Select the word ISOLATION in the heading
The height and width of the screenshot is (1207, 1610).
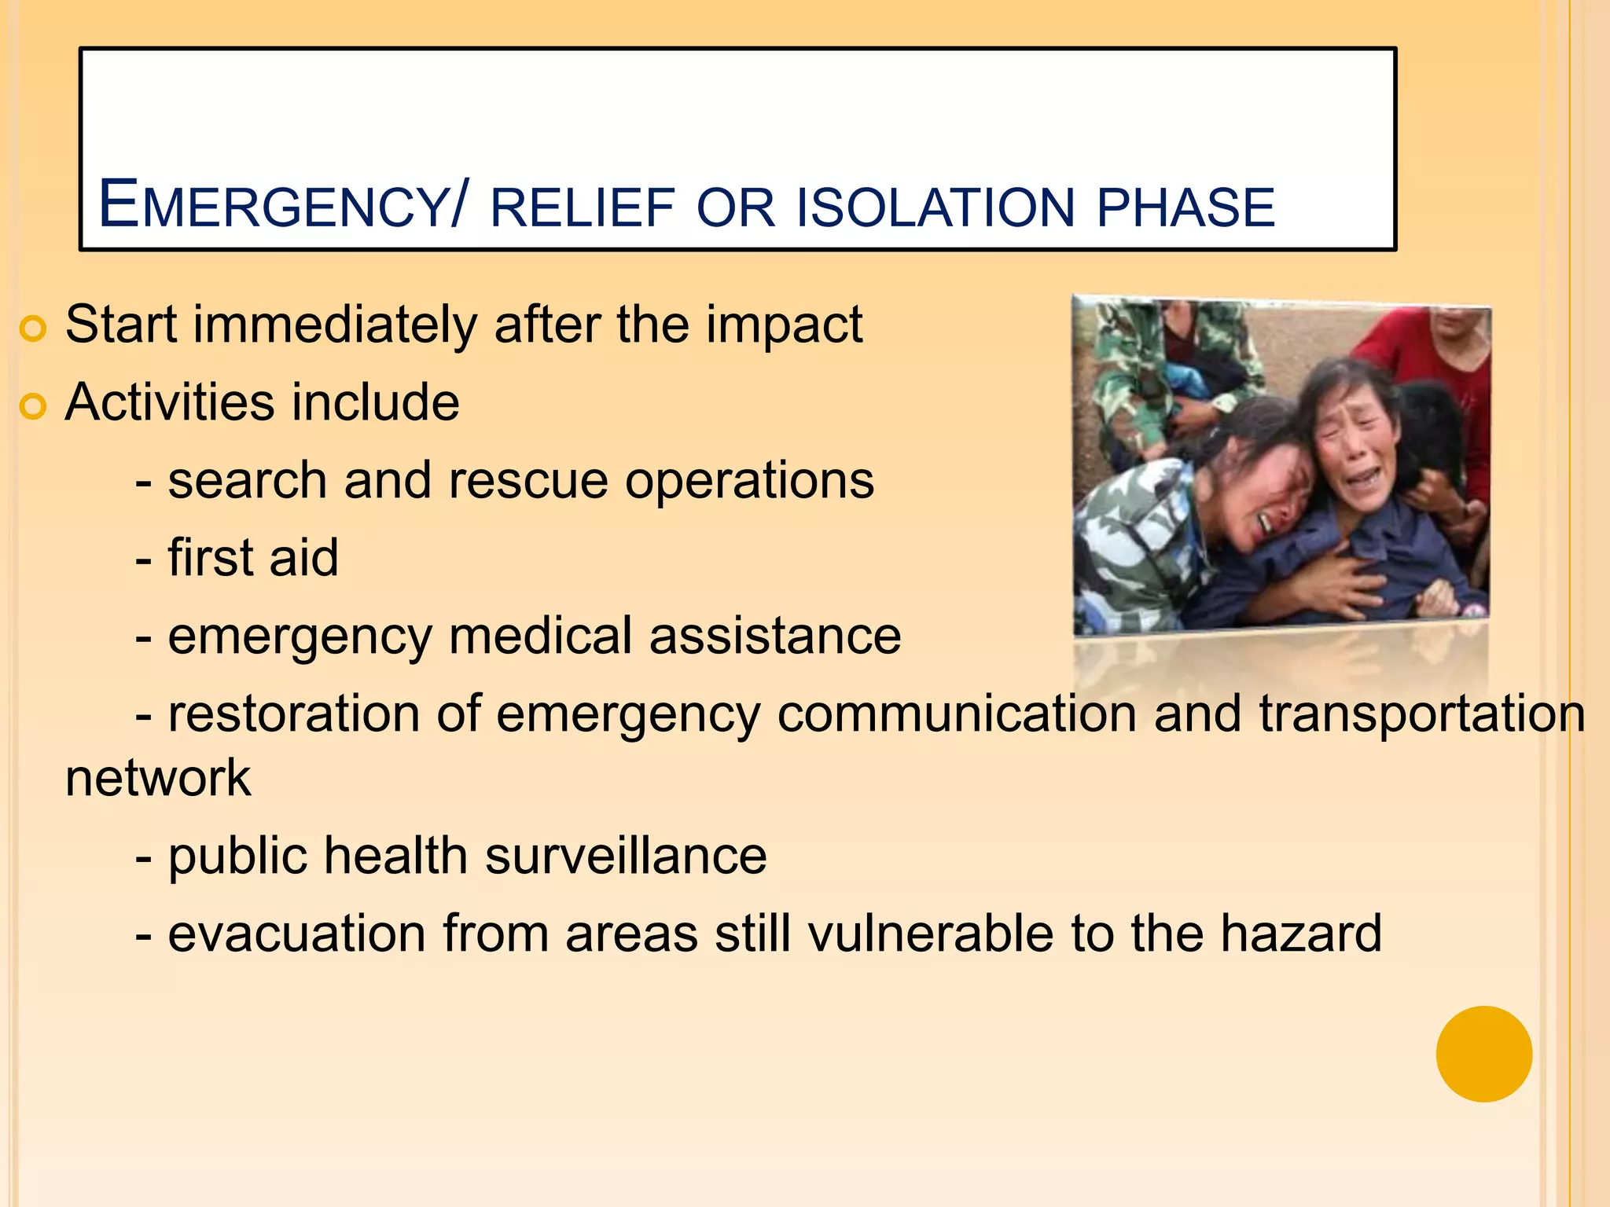pos(935,208)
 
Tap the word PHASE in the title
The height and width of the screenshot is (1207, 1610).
pos(1185,208)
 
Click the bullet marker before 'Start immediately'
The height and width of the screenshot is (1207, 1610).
pos(33,328)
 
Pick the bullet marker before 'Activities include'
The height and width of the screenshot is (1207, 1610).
pos(33,406)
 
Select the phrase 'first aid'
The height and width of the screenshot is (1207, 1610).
pos(253,558)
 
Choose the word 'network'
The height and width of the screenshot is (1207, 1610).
pos(158,778)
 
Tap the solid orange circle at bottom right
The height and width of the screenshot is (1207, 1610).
pos(1483,1054)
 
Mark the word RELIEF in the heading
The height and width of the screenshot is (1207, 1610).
pos(583,208)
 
